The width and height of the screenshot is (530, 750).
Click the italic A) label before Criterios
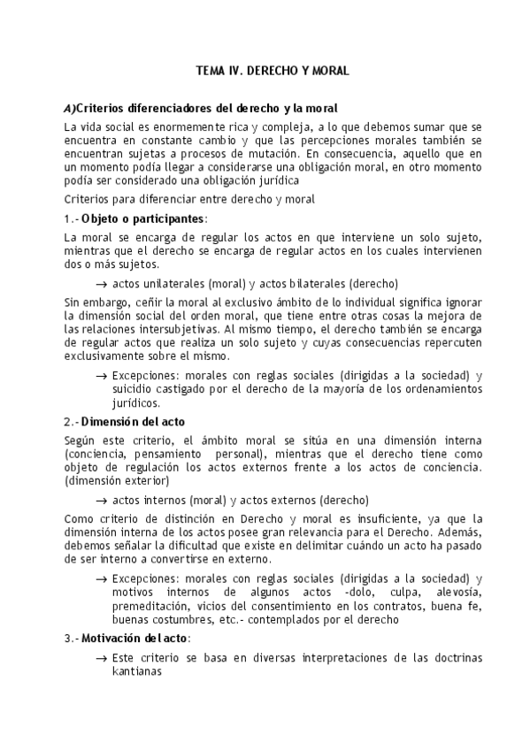(x=70, y=108)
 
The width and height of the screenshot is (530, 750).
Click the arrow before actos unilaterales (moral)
(x=101, y=284)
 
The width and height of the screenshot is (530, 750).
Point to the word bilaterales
(x=313, y=284)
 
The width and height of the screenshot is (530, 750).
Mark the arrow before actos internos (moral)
(x=101, y=499)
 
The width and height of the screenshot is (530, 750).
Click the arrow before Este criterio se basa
(x=101, y=658)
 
